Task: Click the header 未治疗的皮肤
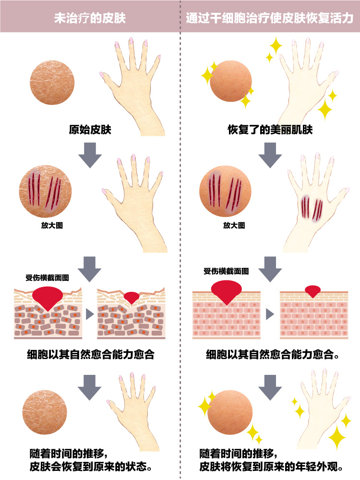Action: (90, 18)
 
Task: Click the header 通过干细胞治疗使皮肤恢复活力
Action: (270, 18)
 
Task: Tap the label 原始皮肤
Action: (90, 130)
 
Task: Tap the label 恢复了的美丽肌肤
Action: (270, 130)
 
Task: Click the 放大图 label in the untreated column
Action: (52, 226)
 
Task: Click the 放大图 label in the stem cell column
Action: (234, 226)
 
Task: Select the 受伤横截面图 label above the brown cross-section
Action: (47, 277)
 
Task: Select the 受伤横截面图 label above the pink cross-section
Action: (226, 271)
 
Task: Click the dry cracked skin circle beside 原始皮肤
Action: (52, 83)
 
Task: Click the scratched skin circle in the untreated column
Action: (45, 192)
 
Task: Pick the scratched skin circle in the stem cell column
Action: (225, 192)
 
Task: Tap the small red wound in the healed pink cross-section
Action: (312, 291)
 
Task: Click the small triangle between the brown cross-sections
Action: (90, 314)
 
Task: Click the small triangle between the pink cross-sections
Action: (270, 314)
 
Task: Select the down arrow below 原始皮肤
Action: (90, 155)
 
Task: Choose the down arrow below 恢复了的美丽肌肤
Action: (270, 155)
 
